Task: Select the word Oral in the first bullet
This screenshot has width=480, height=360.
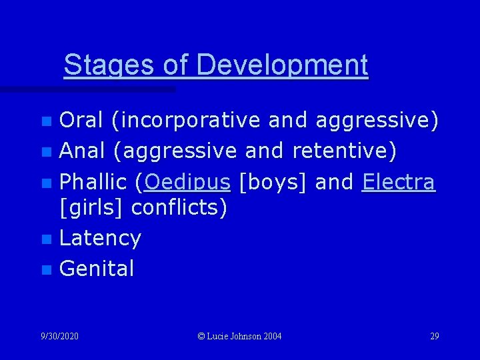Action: pos(81,121)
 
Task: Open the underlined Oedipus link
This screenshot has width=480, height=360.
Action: pos(187,182)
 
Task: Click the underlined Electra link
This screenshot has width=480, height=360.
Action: pos(399,182)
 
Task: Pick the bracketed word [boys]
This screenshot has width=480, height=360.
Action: pos(272,182)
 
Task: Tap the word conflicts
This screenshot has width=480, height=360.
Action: pos(179,208)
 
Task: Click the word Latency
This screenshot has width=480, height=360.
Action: pos(100,238)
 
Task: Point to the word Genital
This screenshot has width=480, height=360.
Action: pos(97,269)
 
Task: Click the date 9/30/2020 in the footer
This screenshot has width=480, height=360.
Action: pos(59,336)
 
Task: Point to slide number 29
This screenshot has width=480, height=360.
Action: pos(435,336)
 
